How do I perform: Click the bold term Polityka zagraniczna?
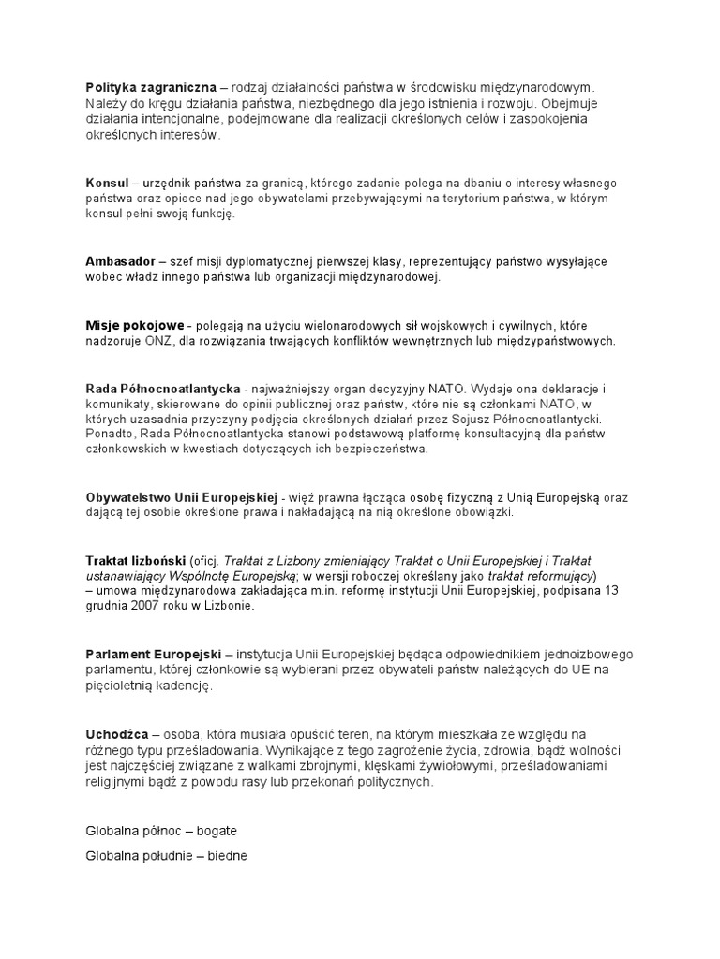point(150,87)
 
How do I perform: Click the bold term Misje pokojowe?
point(134,325)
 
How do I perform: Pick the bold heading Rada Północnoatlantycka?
point(163,389)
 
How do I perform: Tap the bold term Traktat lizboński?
point(135,560)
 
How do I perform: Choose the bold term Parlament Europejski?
point(153,654)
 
